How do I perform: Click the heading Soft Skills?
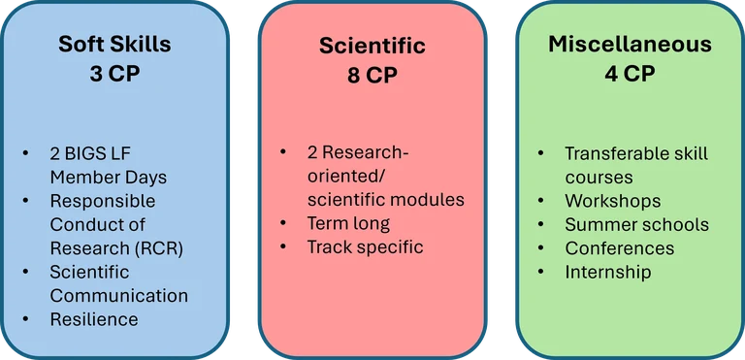[x=114, y=45]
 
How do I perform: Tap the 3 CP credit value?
[x=114, y=73]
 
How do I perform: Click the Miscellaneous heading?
[x=630, y=45]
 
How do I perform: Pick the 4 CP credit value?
[x=630, y=73]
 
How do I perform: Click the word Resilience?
[x=94, y=318]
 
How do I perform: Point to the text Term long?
[x=348, y=223]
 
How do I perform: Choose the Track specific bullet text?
[x=365, y=246]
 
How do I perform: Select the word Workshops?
[x=612, y=201]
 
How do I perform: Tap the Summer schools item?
[x=636, y=224]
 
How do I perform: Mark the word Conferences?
[x=619, y=247]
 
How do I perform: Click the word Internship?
[x=608, y=272]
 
